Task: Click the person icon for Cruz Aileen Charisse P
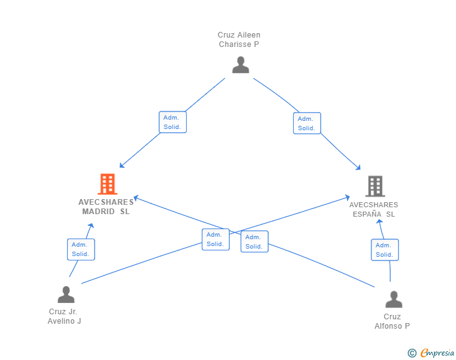(241, 64)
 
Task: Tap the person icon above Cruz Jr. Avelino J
(66, 294)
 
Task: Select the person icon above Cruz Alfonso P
(394, 299)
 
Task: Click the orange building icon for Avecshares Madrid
(108, 184)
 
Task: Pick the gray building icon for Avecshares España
(375, 186)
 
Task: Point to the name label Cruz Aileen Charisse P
(239, 39)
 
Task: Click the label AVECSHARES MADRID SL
(106, 207)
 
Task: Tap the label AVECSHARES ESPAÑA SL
(374, 209)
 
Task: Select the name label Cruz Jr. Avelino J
(65, 316)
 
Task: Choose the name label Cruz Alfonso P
(392, 321)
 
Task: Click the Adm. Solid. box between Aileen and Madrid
(173, 122)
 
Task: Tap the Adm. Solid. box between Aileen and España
(307, 123)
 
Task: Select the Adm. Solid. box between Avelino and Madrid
(81, 250)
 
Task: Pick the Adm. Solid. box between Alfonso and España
(385, 250)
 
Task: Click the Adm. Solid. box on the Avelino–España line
(215, 239)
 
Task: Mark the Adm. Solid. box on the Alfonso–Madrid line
(254, 242)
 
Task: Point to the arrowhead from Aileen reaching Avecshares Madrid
(122, 166)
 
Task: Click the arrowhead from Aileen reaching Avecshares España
(358, 168)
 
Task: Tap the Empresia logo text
(437, 353)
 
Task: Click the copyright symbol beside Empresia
(412, 353)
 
